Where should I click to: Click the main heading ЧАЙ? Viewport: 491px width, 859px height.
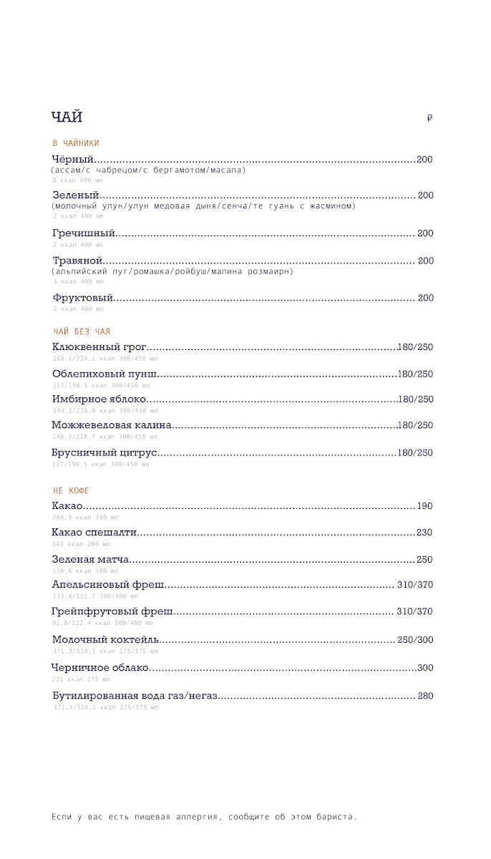coord(67,117)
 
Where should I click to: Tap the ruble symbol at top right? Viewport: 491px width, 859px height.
coord(429,119)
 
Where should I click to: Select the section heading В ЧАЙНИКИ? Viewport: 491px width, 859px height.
coord(76,143)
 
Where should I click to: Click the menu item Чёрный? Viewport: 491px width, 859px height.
coord(73,160)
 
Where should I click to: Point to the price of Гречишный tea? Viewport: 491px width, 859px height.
coord(425,233)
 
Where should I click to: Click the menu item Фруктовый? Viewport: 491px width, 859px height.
coord(83,298)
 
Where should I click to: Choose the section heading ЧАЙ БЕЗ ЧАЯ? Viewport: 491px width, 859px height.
coord(82,331)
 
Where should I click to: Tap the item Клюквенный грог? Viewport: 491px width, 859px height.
coord(99,347)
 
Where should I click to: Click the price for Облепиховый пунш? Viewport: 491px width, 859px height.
coord(415,374)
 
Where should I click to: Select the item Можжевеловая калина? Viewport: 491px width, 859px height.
coord(112,425)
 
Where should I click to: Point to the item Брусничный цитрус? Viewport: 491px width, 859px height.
coord(104,452)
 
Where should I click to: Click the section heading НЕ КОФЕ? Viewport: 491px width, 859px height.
coord(71,490)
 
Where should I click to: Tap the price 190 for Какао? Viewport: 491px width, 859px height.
coord(424,506)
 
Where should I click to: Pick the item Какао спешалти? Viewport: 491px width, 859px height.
coord(94,533)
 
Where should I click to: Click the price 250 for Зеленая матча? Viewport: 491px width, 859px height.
coord(424,560)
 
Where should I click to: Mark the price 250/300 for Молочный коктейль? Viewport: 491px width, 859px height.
coord(415,640)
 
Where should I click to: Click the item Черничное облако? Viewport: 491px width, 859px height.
coord(100,668)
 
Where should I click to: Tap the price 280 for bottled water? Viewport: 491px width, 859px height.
coord(425,696)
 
